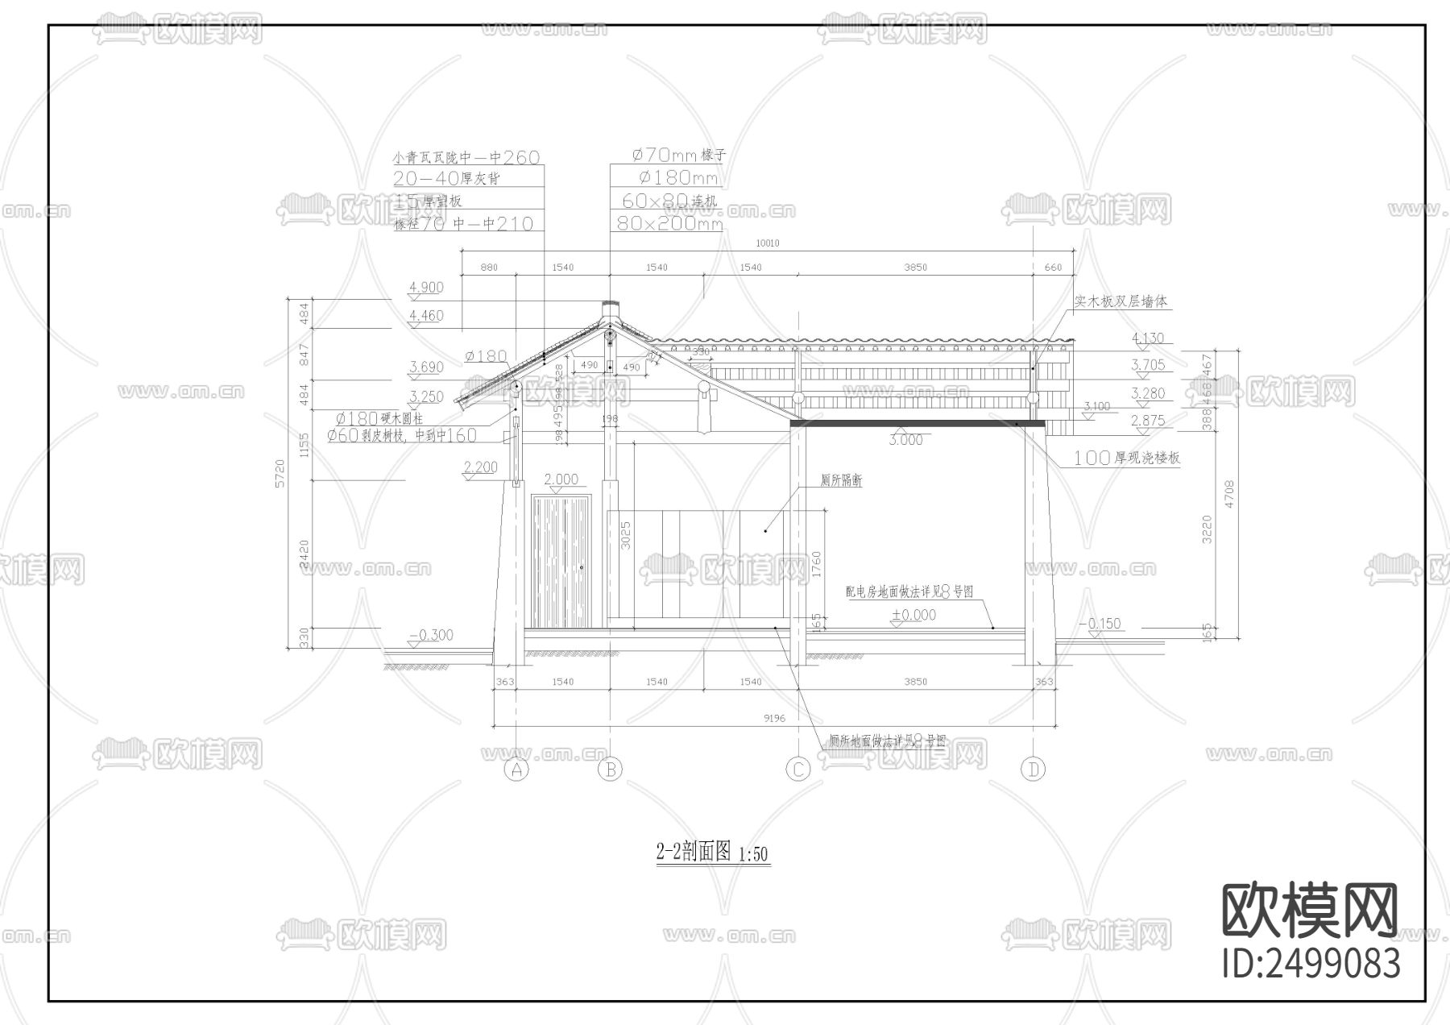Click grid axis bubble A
516,770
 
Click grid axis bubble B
611,770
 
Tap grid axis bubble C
797,770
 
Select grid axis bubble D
1034,770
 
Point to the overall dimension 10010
767,243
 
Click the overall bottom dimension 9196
774,718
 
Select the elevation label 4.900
426,288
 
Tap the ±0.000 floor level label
913,615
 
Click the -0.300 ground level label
431,635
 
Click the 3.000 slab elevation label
905,440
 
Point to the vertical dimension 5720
280,473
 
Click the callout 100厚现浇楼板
1126,458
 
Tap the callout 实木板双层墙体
1121,301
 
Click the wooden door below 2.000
560,562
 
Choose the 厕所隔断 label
841,480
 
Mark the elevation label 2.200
481,467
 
